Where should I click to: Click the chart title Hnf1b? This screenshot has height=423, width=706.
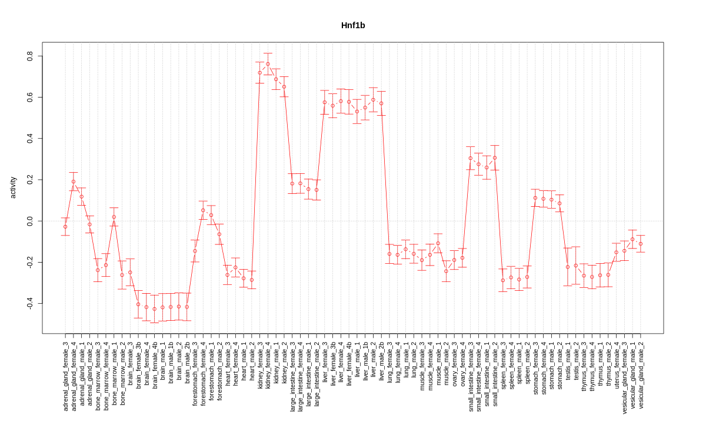click(353, 26)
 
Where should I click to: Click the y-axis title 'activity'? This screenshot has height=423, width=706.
click(13, 187)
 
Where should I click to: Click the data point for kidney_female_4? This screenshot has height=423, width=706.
click(268, 64)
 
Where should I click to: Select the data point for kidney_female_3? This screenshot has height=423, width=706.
click(259, 73)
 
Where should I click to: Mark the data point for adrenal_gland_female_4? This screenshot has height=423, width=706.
click(74, 182)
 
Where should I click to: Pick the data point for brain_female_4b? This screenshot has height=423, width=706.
click(155, 309)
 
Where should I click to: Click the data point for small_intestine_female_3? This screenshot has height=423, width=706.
click(470, 158)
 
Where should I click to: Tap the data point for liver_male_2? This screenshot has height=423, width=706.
click(373, 100)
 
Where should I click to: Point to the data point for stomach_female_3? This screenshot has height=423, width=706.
click(535, 198)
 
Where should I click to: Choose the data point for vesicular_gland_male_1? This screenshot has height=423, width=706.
click(632, 239)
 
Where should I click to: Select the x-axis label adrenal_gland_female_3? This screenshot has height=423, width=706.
click(65, 376)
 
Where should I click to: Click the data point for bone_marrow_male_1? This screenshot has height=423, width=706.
click(114, 217)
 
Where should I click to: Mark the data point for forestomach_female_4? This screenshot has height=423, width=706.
click(203, 210)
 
